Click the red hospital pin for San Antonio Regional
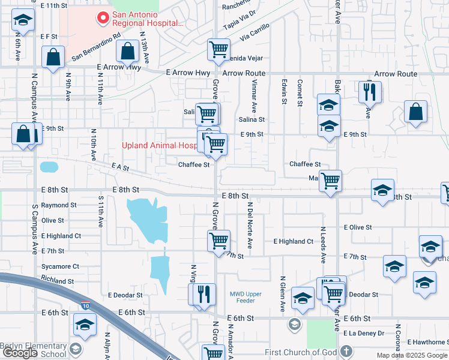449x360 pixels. (x=103, y=19)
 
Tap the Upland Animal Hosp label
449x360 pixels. (x=160, y=145)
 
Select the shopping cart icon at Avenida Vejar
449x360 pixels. (x=218, y=49)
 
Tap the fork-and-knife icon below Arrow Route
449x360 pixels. (x=370, y=92)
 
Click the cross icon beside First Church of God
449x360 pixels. (x=346, y=351)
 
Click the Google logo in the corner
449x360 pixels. (x=20, y=353)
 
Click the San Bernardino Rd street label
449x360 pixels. (x=96, y=47)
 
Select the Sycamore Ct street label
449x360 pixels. (x=59, y=266)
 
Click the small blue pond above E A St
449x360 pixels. (x=49, y=166)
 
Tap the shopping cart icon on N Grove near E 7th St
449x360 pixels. (x=218, y=241)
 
